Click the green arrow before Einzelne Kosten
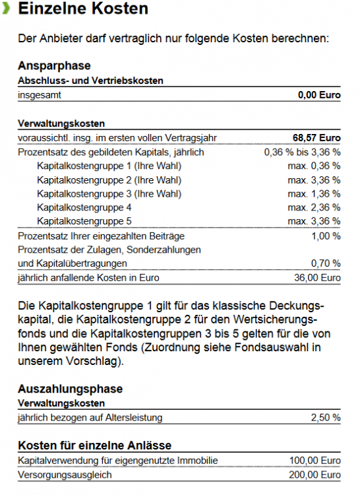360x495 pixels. pyautogui.click(x=5, y=9)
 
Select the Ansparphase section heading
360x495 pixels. pyautogui.click(x=54, y=66)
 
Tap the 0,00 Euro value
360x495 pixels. pyautogui.click(x=319, y=95)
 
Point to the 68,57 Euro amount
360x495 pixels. pyautogui.click(x=316, y=138)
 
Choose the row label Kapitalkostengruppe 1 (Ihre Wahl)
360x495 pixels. pyautogui.click(x=109, y=166)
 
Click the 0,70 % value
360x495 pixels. pyautogui.click(x=326, y=263)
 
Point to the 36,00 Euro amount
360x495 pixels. pyautogui.click(x=316, y=278)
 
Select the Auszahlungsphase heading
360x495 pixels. pyautogui.click(x=70, y=389)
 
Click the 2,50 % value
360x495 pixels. pyautogui.click(x=326, y=417)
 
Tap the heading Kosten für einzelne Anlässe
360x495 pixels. pyautogui.click(x=94, y=445)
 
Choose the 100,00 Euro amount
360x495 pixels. pyautogui.click(x=315, y=461)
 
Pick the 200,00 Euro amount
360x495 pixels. pyautogui.click(x=315, y=475)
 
